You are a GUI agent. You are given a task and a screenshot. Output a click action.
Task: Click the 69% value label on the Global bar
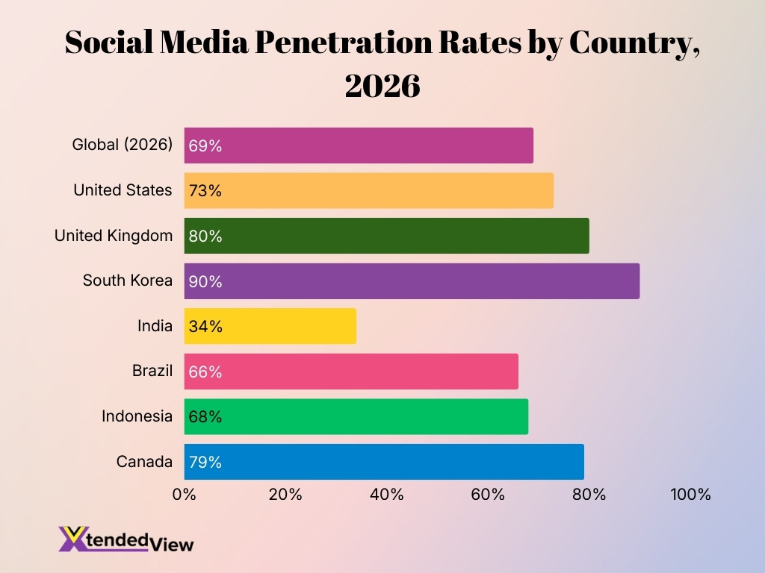tap(205, 146)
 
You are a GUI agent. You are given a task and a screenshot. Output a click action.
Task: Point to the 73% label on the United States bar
tap(205, 191)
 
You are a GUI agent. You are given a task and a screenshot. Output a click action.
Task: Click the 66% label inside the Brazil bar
tap(205, 372)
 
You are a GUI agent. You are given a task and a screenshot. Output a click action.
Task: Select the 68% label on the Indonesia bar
tap(205, 417)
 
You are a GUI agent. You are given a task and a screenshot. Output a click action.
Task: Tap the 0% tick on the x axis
tap(185, 495)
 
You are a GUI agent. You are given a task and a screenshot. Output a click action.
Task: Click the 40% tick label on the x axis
tap(387, 495)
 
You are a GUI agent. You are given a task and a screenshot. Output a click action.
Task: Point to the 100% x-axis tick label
tap(690, 495)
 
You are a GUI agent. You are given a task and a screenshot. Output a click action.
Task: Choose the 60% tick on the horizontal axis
tap(488, 495)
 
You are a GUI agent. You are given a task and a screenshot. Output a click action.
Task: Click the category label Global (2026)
tap(122, 145)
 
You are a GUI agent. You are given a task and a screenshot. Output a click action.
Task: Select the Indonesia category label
tap(137, 416)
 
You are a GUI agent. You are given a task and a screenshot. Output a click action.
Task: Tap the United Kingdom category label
tap(114, 236)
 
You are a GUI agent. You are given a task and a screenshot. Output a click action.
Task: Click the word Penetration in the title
tap(344, 43)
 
